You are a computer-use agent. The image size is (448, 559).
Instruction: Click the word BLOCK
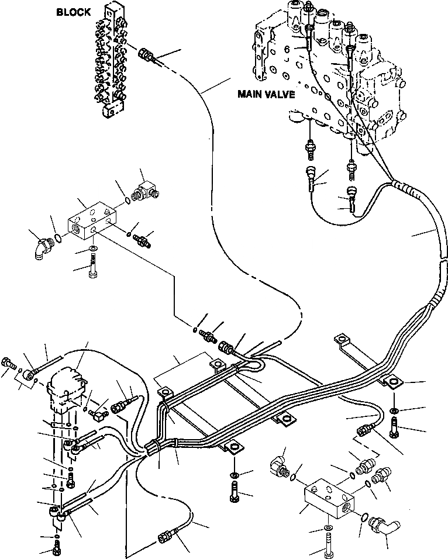point(74,13)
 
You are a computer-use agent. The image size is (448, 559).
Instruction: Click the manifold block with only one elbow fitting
point(91,220)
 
